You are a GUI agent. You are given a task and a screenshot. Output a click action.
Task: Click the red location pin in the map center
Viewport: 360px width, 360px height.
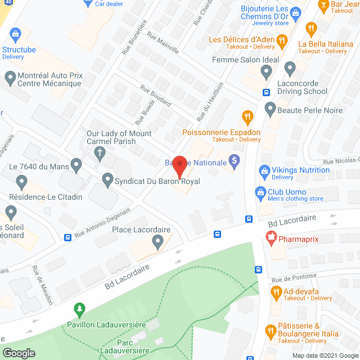coord(179,167)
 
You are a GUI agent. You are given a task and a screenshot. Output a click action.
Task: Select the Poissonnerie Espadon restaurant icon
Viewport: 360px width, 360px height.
coord(246,117)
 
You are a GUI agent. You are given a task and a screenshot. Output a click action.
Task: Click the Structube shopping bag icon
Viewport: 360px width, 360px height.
coord(15,34)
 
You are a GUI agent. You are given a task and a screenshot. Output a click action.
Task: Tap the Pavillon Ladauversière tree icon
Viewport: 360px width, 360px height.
coord(79,310)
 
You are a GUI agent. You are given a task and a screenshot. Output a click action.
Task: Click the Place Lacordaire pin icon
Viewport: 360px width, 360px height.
coord(157,242)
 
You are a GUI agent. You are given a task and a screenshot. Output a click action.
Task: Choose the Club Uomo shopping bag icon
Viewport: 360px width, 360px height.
coord(260,192)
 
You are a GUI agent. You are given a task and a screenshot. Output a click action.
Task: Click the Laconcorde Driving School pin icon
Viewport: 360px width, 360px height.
coord(290,69)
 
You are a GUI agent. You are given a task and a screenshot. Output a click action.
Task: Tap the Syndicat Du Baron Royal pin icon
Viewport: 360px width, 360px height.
coord(109,181)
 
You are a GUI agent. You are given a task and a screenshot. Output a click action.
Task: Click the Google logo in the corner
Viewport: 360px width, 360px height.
coord(19,353)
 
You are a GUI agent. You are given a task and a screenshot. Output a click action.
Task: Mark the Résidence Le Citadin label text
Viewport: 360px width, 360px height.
coord(46,197)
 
